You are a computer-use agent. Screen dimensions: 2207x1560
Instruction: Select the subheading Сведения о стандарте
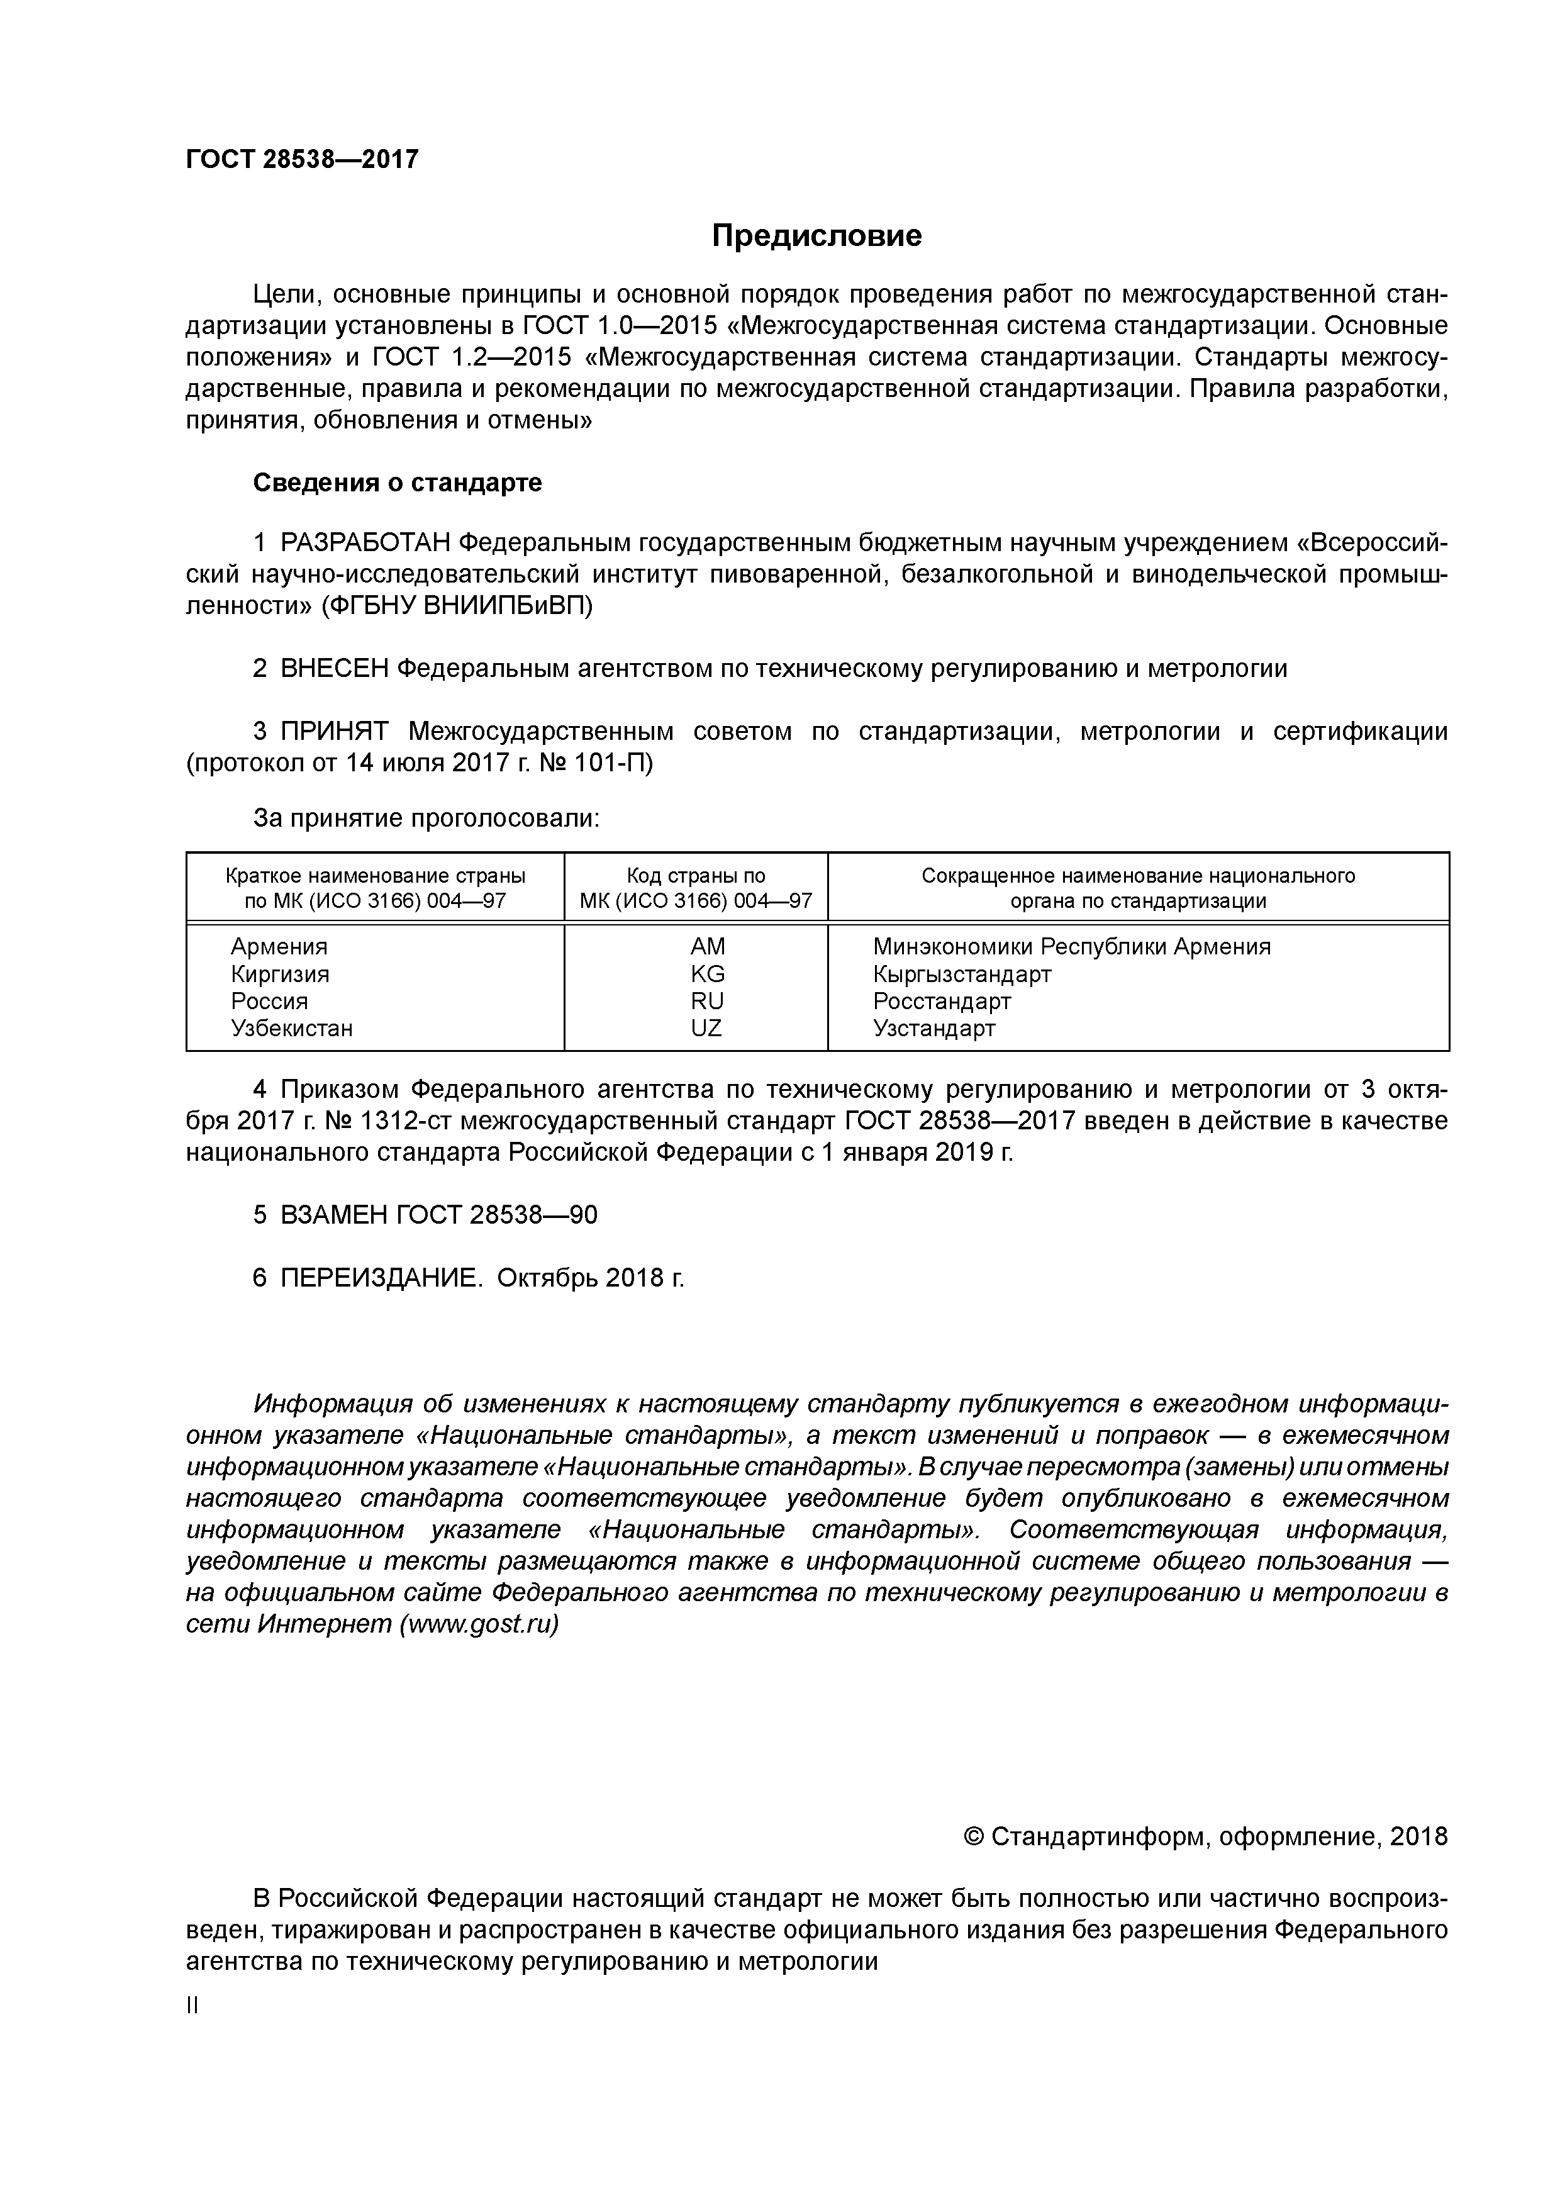(397, 483)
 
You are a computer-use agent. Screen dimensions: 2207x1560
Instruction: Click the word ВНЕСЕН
(335, 669)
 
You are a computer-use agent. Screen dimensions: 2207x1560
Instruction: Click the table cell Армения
(279, 947)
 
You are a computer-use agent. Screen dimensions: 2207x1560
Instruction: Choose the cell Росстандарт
(941, 1002)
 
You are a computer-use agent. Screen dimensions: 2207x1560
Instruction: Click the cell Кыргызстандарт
(961, 974)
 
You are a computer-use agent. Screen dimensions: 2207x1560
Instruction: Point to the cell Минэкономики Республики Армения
(1071, 947)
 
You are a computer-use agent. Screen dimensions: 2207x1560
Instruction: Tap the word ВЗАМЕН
(335, 1215)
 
